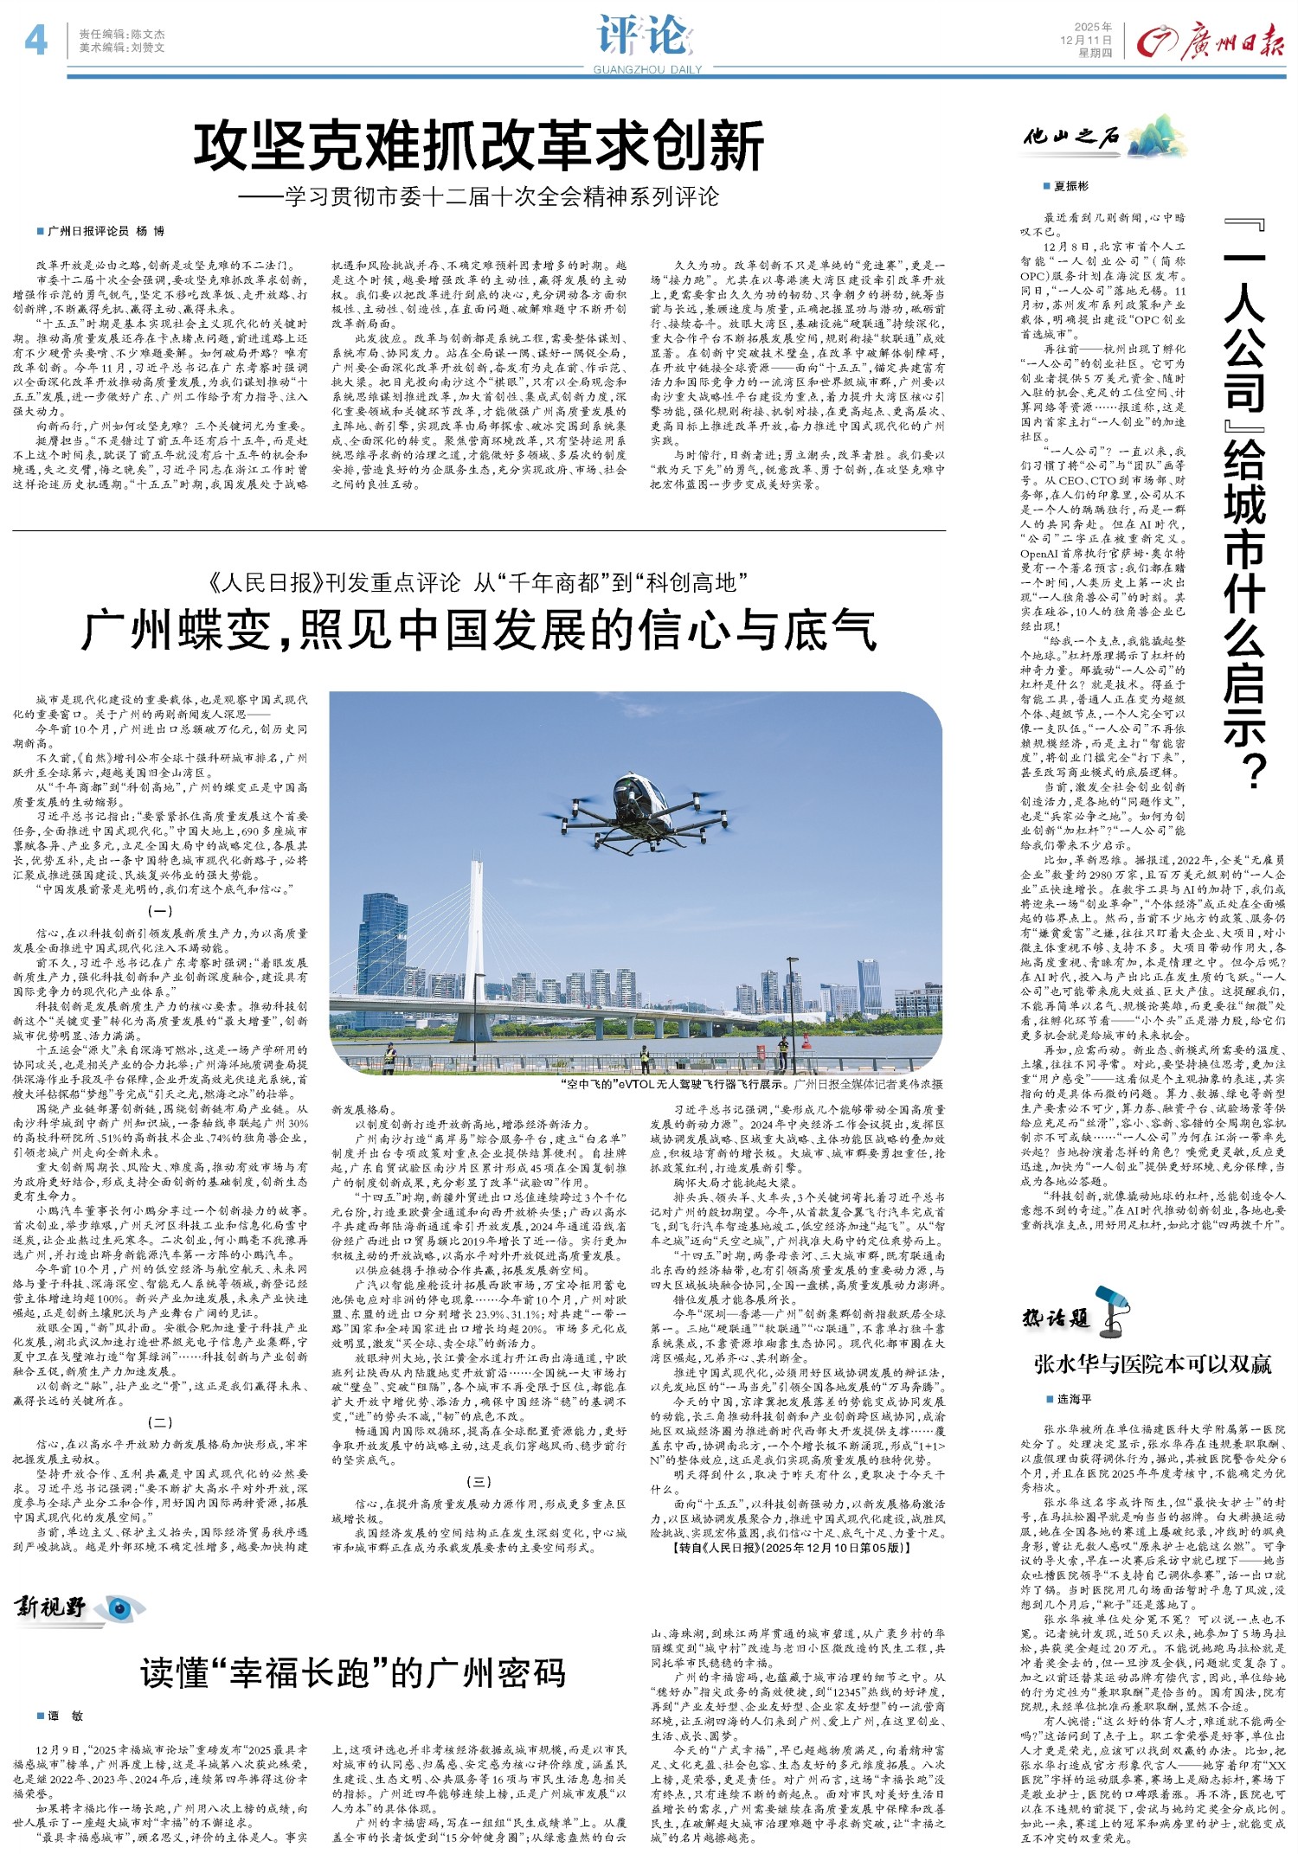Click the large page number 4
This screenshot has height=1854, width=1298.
point(35,40)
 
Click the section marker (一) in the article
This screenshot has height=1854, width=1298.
point(159,911)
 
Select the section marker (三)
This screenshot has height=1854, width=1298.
point(479,1482)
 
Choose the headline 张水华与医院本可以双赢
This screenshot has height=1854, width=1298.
point(1153,1364)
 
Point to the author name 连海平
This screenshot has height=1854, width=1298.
point(1073,1399)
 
